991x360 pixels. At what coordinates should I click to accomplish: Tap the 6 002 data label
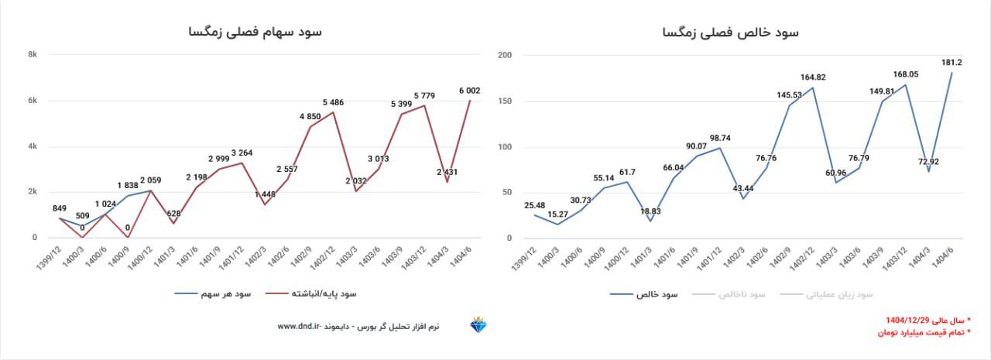click(469, 91)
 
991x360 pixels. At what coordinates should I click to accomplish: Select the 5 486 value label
click(334, 103)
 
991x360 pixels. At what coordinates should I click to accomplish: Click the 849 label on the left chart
click(60, 209)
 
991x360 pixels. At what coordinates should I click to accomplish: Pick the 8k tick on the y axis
click(33, 55)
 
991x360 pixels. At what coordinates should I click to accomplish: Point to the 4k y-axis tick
click(33, 146)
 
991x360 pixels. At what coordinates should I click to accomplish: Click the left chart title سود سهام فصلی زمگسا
click(254, 32)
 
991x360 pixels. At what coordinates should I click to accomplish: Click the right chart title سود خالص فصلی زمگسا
click(730, 33)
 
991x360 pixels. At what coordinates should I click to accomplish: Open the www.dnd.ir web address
click(297, 327)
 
